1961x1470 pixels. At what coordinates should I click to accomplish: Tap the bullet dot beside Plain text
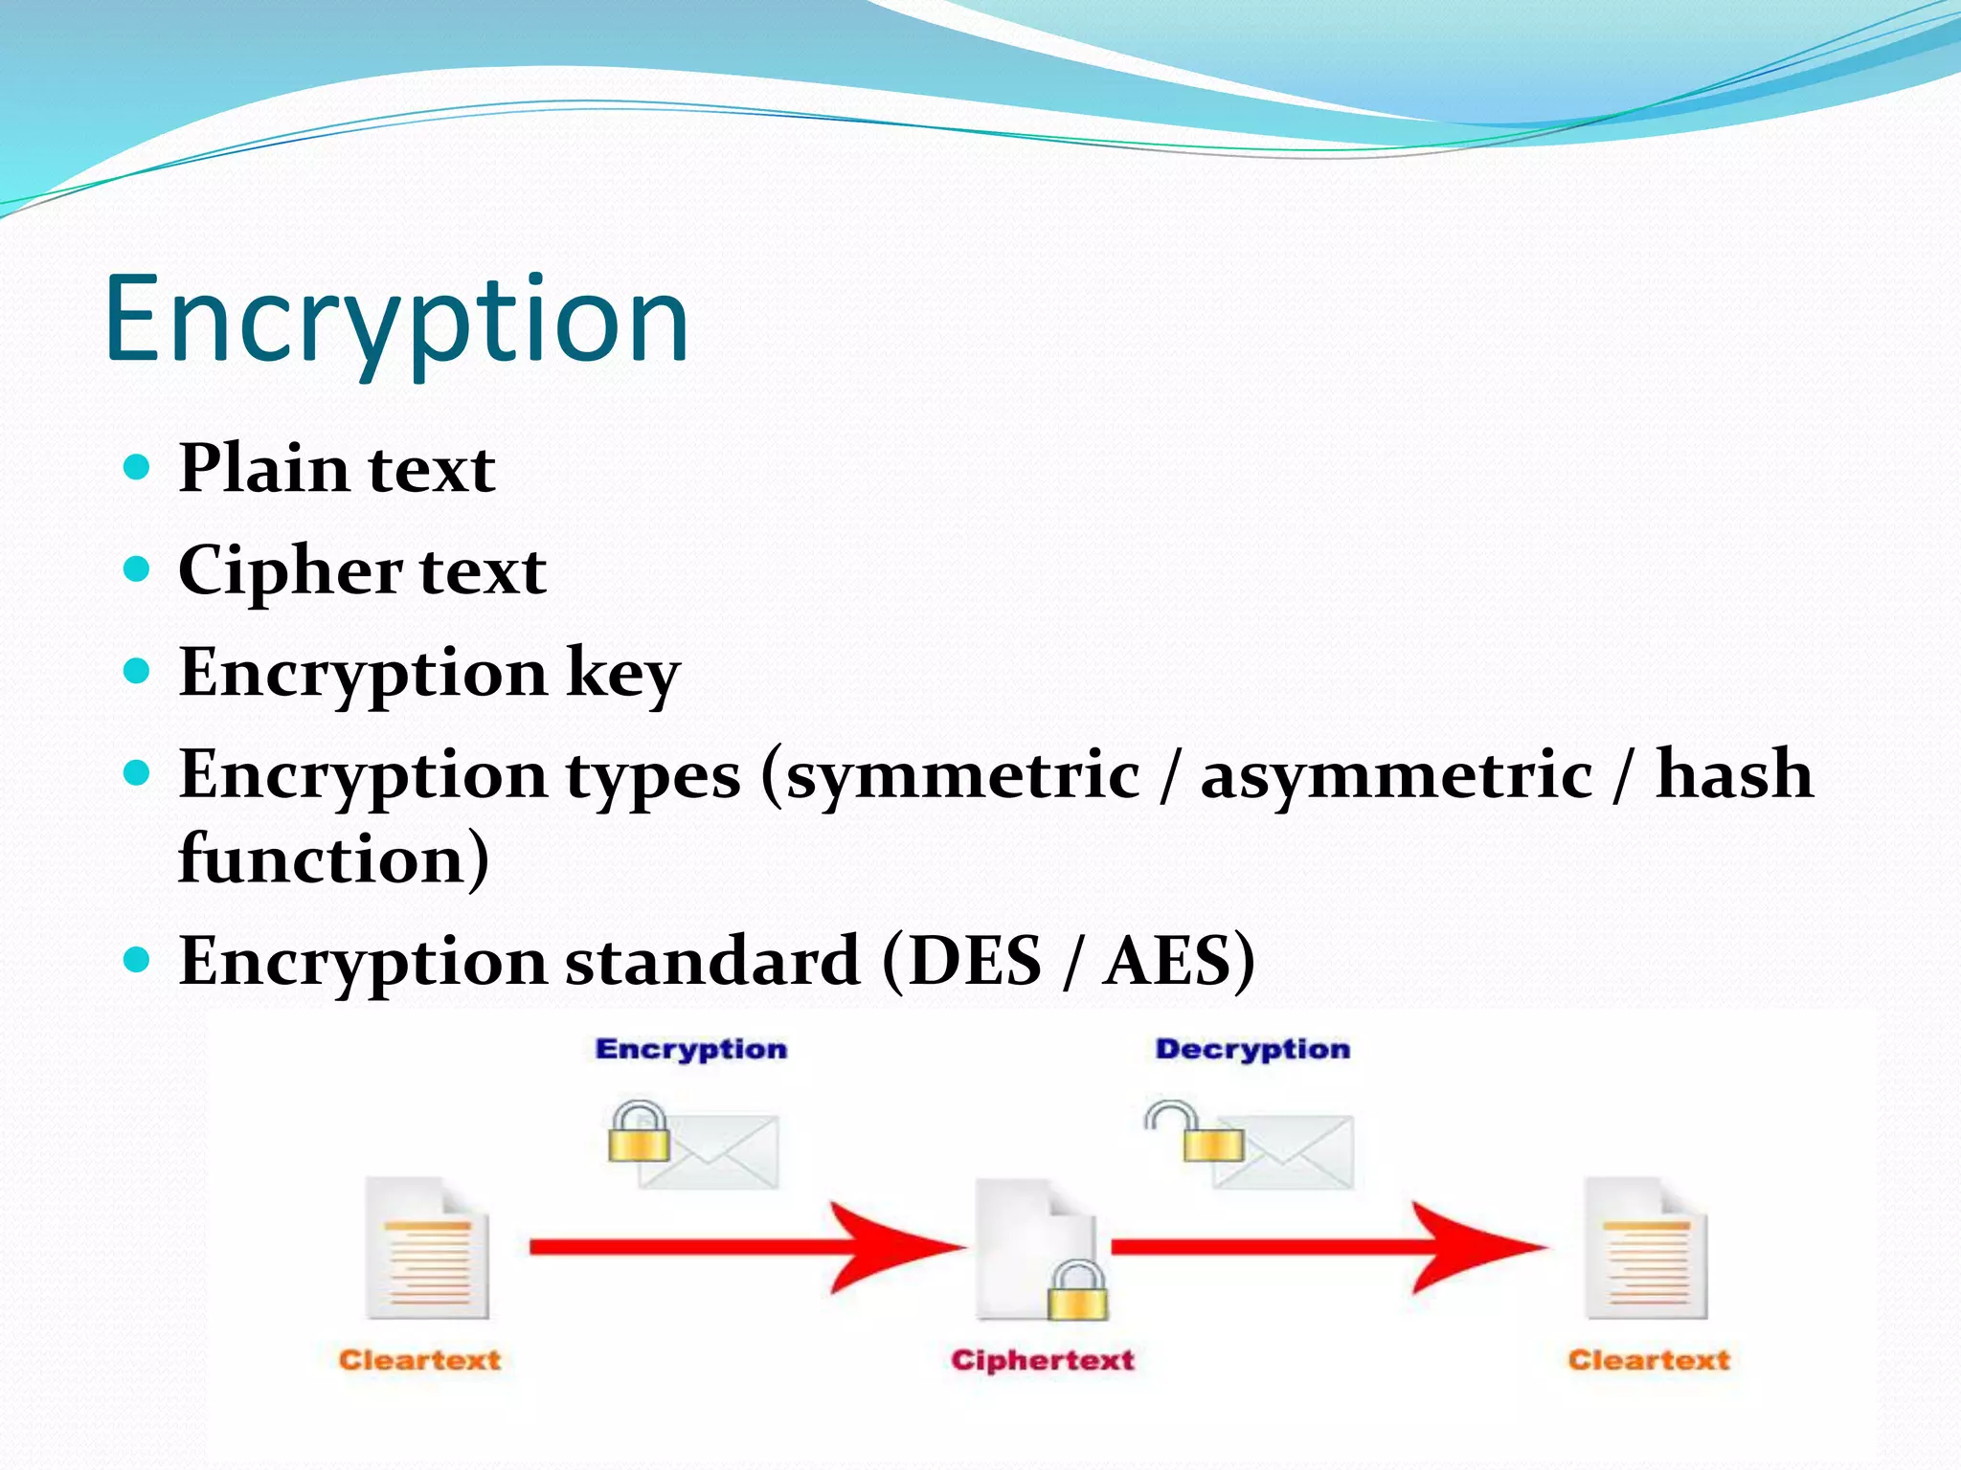[x=138, y=467]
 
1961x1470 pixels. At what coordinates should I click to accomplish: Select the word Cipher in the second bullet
[x=290, y=571]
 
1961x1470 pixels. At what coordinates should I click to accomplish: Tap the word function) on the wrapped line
[x=333, y=858]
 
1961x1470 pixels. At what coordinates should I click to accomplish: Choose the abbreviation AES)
[x=1179, y=961]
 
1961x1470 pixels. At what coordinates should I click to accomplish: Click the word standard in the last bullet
[x=711, y=961]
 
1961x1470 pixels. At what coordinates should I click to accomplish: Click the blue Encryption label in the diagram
[x=690, y=1049]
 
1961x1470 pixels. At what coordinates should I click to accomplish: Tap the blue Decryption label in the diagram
[x=1251, y=1049]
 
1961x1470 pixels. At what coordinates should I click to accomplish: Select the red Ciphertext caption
[x=1042, y=1360]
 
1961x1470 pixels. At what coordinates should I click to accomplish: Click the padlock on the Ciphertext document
[x=1077, y=1291]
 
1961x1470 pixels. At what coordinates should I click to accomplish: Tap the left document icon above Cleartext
[x=428, y=1248]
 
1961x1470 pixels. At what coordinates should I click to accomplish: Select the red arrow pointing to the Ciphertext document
[x=747, y=1247]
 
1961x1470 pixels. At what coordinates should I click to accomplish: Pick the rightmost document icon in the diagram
[x=1646, y=1248]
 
